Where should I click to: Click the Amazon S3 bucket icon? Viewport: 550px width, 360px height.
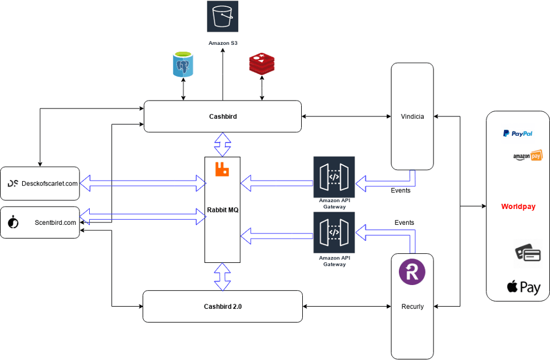[x=222, y=16]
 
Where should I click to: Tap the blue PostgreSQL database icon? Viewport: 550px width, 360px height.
[x=183, y=65]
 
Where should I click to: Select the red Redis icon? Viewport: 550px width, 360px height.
[x=262, y=64]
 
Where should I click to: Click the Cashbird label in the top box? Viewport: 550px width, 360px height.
[x=223, y=116]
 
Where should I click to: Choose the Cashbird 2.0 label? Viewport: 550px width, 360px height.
[x=223, y=307]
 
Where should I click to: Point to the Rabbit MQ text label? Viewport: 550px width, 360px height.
[x=222, y=210]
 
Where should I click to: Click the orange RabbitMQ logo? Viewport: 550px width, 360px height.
[x=221, y=169]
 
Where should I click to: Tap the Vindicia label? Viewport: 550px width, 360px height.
[x=412, y=117]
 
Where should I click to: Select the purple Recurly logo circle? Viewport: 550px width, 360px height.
[x=413, y=271]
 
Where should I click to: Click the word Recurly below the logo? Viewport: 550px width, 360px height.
[x=413, y=307]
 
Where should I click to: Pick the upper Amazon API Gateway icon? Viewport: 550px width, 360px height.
[x=334, y=177]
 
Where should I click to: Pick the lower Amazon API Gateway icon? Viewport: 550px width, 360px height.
[x=334, y=232]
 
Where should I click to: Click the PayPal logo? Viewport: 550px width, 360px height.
[x=518, y=134]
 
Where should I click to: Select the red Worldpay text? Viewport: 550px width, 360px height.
[x=518, y=207]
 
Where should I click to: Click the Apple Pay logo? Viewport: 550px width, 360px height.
[x=523, y=287]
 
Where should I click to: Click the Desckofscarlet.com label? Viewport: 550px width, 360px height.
[x=49, y=183]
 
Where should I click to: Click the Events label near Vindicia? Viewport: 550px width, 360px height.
[x=401, y=190]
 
